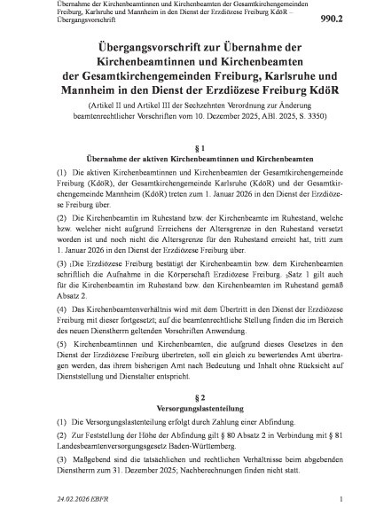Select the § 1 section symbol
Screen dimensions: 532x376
pyautogui.click(x=188, y=145)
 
